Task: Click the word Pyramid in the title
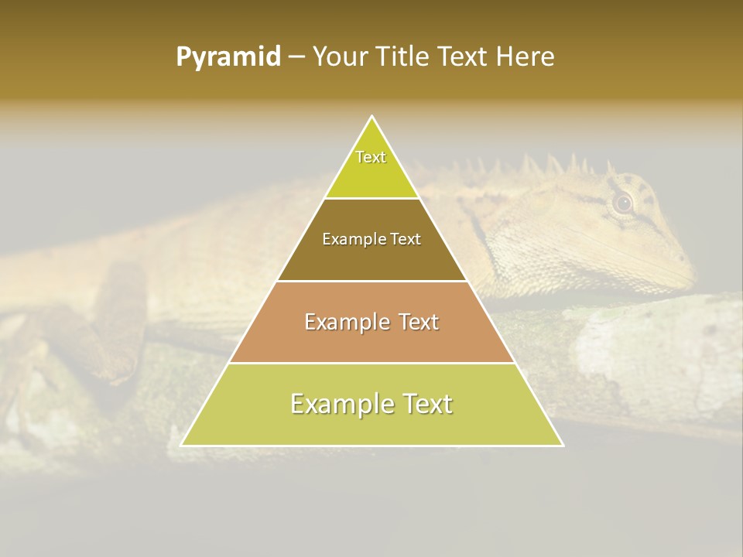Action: [228, 57]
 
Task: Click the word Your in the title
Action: [340, 56]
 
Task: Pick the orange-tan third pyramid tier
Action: [371, 340]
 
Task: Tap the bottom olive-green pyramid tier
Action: [371, 425]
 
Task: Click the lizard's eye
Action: [623, 203]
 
